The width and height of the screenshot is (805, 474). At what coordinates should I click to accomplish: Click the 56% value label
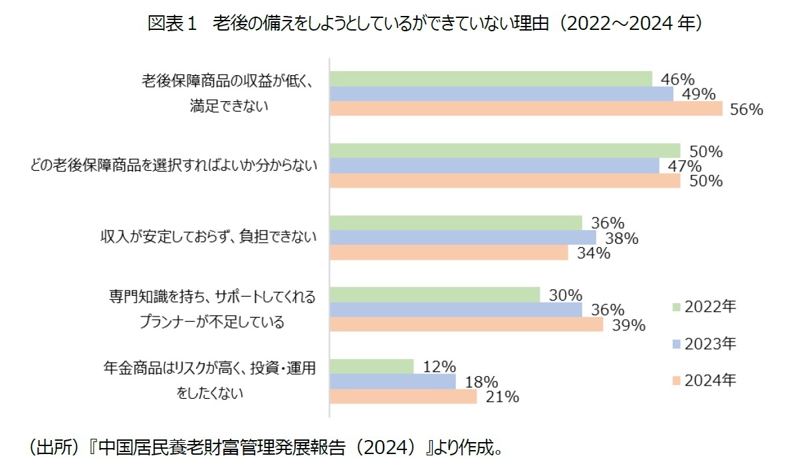pos(746,110)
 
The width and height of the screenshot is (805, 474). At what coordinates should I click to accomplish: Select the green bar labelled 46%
pos(491,79)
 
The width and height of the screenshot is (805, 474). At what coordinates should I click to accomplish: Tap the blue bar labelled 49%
pos(502,94)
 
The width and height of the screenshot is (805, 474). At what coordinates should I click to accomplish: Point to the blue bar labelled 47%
pos(495,166)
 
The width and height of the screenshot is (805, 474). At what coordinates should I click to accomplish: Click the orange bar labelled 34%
pos(449,253)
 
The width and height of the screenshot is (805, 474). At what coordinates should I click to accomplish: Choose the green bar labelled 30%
pos(435,295)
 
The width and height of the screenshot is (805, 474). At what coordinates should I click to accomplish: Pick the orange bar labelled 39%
pos(467,324)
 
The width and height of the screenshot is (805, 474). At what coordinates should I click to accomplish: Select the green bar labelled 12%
pos(372,366)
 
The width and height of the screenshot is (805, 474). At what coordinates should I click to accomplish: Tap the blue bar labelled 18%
pos(393,382)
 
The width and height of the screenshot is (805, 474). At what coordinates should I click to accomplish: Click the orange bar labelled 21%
pos(403,397)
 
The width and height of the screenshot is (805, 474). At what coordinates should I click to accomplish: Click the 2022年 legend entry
pos(705,306)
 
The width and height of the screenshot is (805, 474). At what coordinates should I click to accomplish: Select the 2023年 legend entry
pos(705,344)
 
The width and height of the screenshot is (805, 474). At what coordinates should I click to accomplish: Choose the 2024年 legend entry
pos(705,381)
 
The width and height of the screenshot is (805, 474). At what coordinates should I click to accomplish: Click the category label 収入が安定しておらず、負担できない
pos(208,237)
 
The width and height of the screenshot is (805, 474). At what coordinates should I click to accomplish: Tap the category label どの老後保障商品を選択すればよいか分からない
pos(173,166)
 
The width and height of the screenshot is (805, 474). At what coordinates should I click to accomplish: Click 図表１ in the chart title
pos(172,24)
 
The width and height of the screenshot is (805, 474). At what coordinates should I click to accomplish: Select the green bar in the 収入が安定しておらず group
pos(456,223)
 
